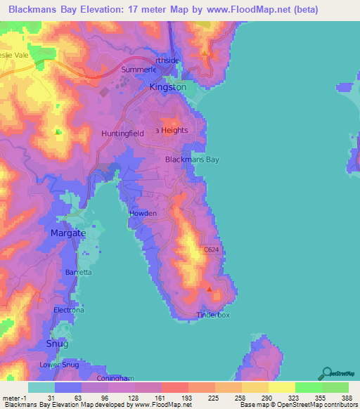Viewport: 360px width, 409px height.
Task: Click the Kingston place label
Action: pos(168,87)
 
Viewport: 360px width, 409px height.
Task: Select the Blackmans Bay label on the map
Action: pos(192,160)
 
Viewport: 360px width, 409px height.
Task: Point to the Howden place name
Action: pos(142,213)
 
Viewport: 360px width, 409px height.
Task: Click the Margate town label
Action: pos(68,233)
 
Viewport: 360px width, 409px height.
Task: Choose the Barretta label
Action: pos(78,272)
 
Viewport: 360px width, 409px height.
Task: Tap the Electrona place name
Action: pos(69,310)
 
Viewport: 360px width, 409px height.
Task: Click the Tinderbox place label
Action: pos(213,316)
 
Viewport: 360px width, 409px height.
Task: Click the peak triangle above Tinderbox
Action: pos(209,290)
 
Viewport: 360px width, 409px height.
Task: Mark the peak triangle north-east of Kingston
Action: pos(205,53)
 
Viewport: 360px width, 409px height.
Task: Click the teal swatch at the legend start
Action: pos(41,387)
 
